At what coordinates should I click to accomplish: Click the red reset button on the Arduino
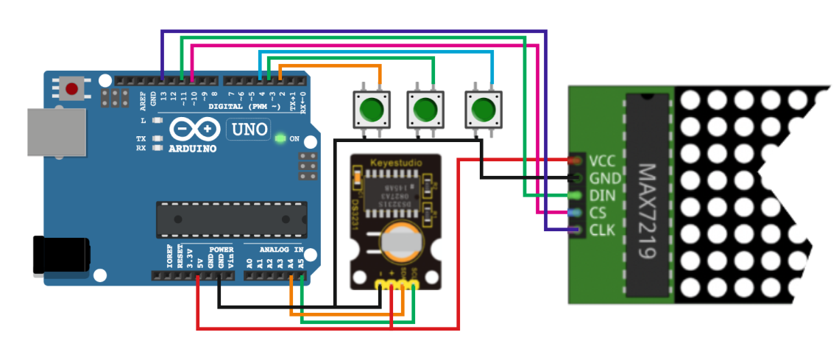pos(72,89)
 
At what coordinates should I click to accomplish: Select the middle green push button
pos(425,109)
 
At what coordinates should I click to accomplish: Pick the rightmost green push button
pos(482,109)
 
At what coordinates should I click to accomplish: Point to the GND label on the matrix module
pos(605,178)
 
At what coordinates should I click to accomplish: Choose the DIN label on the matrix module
pos(603,197)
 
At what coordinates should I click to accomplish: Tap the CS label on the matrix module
pos(598,214)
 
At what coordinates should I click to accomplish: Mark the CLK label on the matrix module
pos(603,232)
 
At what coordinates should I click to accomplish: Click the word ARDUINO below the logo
pos(193,148)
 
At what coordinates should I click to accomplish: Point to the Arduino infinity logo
pos(194,130)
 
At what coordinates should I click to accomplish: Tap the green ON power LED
pos(280,138)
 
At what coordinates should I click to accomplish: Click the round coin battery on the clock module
pos(402,244)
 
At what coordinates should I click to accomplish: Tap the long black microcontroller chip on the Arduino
pos(231,219)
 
